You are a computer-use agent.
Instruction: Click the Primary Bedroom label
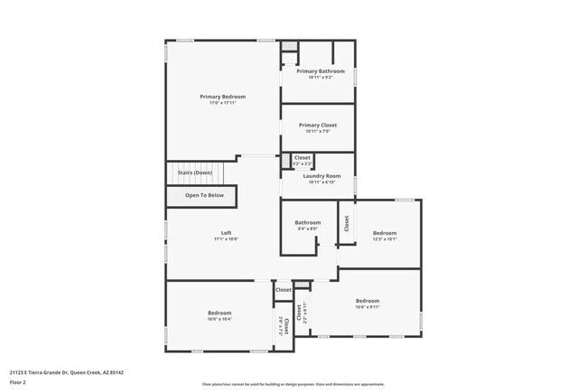coord(222,97)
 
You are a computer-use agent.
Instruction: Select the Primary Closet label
coord(318,126)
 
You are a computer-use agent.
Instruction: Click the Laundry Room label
coord(321,175)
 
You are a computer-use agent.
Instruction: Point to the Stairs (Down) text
coord(194,172)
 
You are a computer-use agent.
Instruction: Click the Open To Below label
coord(204,195)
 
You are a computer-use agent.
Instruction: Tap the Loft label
coord(227,233)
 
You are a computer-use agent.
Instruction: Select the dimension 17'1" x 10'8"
coord(227,240)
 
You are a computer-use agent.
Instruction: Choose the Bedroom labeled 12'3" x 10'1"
coord(385,233)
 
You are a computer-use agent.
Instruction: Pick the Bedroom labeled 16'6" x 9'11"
coord(367,301)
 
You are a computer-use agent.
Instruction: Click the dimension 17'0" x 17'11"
coord(222,103)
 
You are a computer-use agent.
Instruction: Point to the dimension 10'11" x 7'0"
coord(318,132)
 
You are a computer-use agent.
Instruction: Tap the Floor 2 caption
coord(19,382)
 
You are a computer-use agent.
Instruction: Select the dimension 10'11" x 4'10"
coord(321,182)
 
